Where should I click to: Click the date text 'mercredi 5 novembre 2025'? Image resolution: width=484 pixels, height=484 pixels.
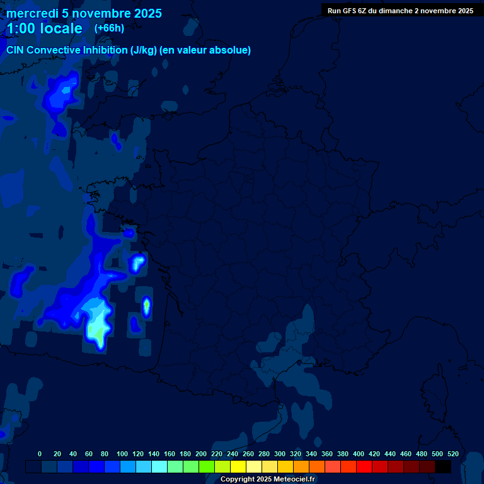click(84, 13)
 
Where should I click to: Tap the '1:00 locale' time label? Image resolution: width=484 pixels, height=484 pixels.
click(44, 28)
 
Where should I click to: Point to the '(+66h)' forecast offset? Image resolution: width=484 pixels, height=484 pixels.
click(109, 28)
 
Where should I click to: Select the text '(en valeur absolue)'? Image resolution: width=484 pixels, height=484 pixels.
click(205, 50)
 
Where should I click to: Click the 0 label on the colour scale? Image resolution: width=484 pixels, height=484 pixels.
click(40, 454)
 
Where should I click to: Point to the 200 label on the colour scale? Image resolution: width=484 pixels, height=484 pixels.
click(201, 454)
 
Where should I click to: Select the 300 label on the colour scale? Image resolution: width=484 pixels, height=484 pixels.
click(280, 454)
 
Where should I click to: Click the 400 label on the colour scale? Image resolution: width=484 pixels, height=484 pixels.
click(359, 454)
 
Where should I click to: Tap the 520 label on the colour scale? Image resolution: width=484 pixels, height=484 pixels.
click(453, 454)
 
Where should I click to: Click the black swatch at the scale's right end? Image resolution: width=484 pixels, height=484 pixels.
click(443, 466)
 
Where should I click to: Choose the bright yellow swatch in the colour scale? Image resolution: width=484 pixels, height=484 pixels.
click(238, 466)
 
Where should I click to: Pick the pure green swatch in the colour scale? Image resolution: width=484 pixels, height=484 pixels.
click(207, 466)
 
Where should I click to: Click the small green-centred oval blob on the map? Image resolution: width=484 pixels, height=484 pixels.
click(146, 307)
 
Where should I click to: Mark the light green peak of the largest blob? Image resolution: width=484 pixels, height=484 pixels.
click(96, 329)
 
